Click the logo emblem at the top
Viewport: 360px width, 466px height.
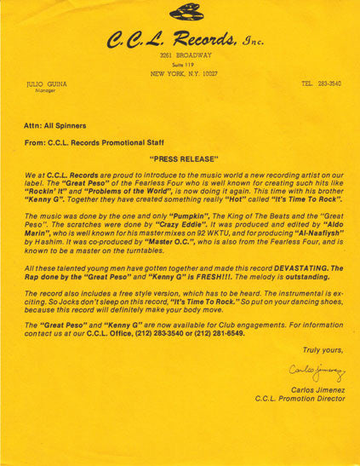coord(186,12)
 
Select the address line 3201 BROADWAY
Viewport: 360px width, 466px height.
coord(184,55)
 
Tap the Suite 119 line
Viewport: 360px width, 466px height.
coord(183,65)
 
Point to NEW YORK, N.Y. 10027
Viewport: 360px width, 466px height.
coord(184,74)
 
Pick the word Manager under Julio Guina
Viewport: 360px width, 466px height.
coord(38,92)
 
